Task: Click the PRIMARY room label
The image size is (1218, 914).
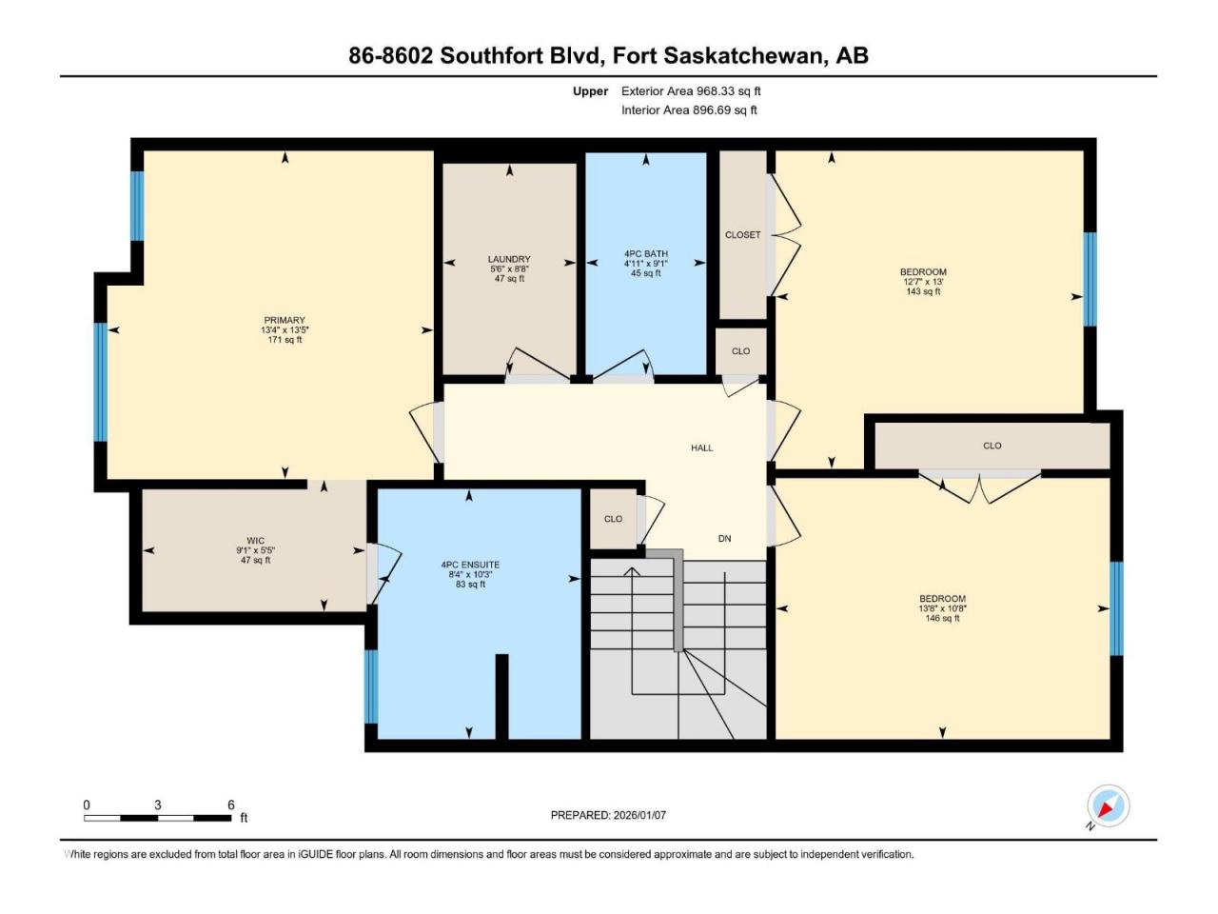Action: tap(285, 320)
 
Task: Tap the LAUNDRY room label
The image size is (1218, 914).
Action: tap(509, 259)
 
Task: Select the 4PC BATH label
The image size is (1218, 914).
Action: tap(646, 253)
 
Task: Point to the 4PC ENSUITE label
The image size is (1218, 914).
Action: tap(470, 565)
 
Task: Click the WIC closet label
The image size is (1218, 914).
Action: tap(255, 541)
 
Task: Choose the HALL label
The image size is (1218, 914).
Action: tap(702, 447)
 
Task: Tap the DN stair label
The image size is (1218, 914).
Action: tap(725, 538)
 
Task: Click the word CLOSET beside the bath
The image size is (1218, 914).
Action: tap(742, 235)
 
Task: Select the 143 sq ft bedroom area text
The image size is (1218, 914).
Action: tap(923, 291)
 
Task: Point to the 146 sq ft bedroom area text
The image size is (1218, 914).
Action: tap(942, 618)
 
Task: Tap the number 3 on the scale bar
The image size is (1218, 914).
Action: tap(158, 805)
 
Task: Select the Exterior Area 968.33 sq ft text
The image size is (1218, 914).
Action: tap(691, 91)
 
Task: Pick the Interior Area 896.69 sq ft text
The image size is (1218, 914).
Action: tap(689, 109)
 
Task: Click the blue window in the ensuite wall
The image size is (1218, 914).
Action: tap(371, 686)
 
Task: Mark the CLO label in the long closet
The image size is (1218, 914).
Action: tap(992, 446)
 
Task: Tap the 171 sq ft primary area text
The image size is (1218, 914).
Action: tap(285, 340)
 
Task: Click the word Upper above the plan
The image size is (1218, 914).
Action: tap(590, 91)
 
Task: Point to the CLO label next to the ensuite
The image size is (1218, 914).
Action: tap(613, 519)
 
